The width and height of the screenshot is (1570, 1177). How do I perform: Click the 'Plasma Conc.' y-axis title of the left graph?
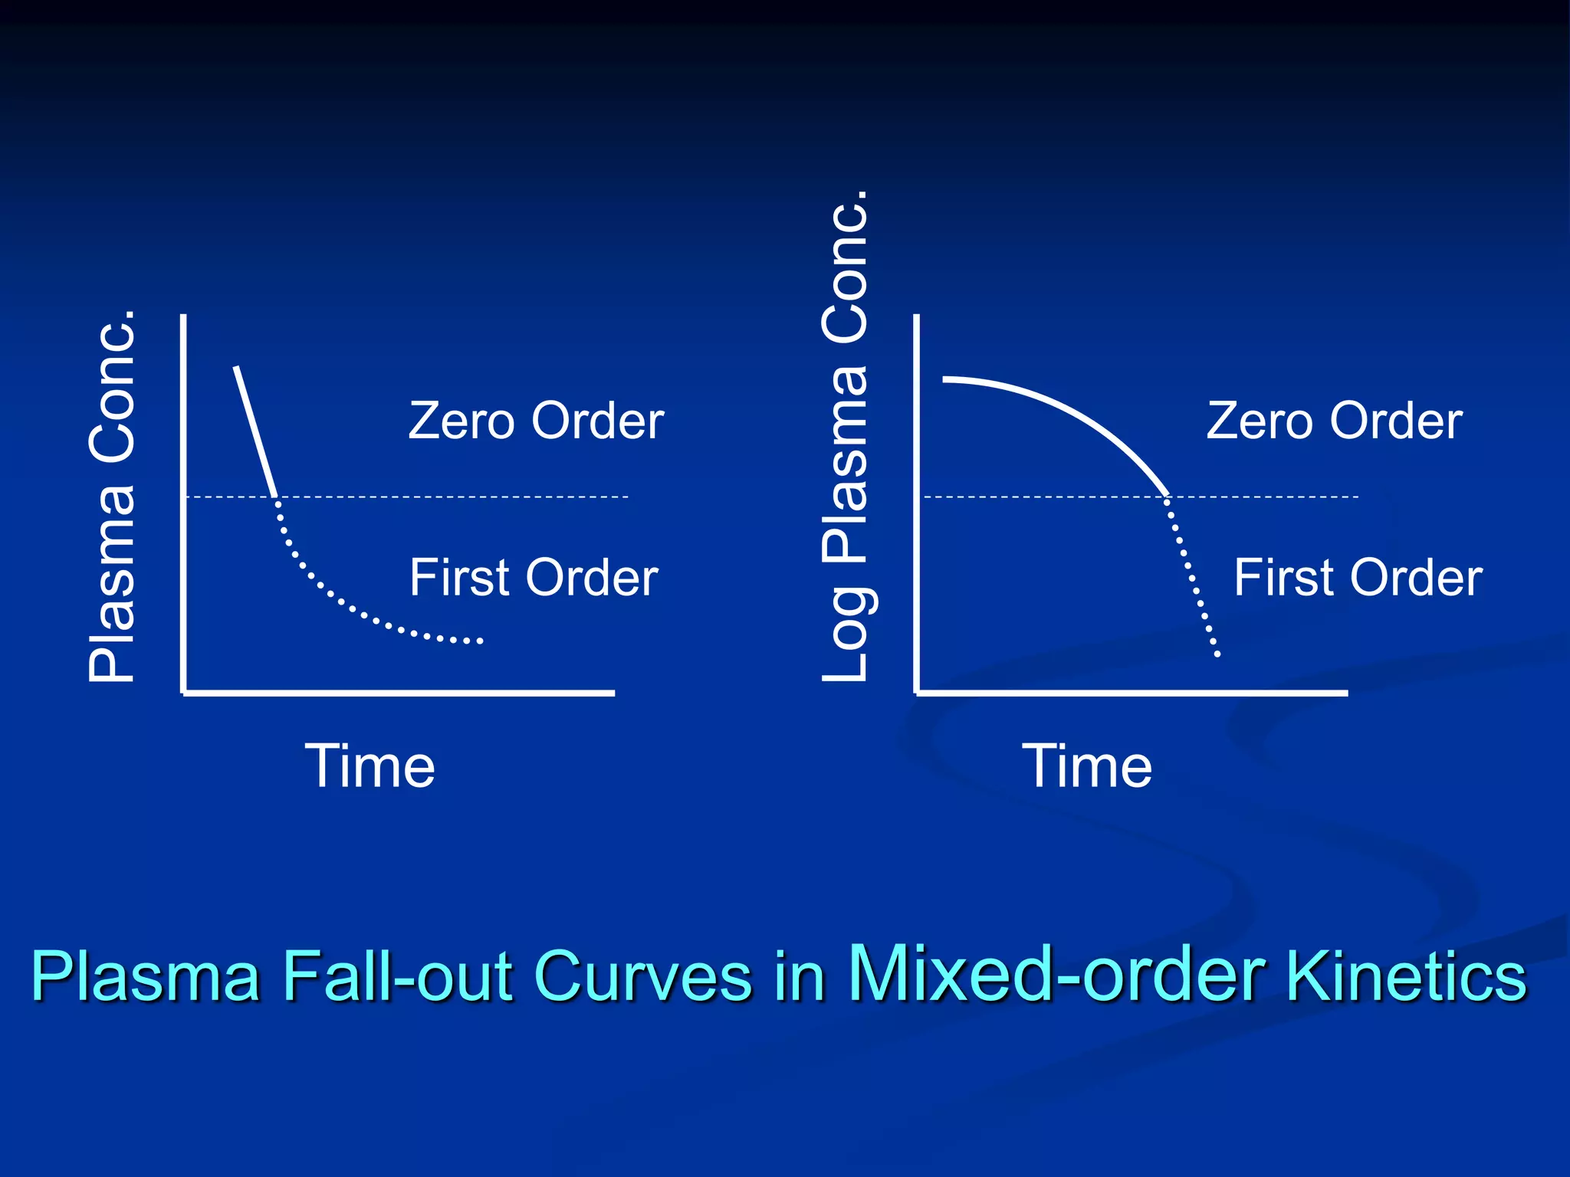point(113,497)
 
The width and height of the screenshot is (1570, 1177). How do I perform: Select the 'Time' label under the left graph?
point(370,766)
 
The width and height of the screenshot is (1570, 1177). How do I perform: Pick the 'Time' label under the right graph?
point(1087,766)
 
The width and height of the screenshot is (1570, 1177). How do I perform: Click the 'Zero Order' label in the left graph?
point(536,421)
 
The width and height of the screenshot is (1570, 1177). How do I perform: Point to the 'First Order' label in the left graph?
point(534,577)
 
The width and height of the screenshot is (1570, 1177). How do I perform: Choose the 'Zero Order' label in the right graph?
point(1334,421)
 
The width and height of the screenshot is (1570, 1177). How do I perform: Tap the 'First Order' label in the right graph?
point(1358,577)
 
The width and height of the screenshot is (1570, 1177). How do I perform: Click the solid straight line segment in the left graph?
point(255,431)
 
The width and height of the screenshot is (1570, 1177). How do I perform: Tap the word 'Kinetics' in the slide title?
point(1407,976)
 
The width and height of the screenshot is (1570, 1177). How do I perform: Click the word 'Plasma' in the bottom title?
point(146,976)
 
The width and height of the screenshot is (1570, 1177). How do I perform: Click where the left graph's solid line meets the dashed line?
point(277,497)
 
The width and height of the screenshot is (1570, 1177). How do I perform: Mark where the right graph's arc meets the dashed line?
point(1168,497)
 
